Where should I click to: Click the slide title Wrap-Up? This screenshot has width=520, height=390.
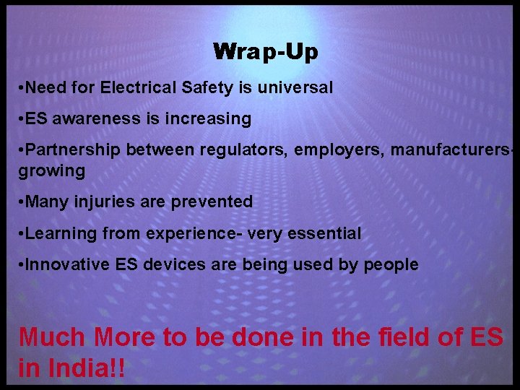click(266, 52)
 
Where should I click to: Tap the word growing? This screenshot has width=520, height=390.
click(52, 171)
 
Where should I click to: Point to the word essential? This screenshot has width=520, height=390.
click(325, 233)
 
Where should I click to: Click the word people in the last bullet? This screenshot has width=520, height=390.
click(391, 265)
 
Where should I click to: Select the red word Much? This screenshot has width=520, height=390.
click(52, 337)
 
